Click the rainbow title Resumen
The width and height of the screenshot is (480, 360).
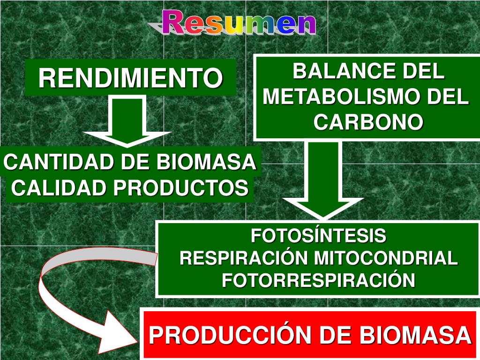click(x=239, y=22)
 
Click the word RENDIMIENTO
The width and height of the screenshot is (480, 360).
click(x=130, y=78)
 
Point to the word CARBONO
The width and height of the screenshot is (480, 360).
click(x=368, y=122)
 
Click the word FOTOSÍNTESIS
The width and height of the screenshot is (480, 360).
click(x=319, y=235)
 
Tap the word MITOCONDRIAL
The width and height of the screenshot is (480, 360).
click(x=386, y=258)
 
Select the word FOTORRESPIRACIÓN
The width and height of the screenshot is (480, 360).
click(x=319, y=280)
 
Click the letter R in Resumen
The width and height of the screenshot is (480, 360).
click(x=173, y=22)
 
